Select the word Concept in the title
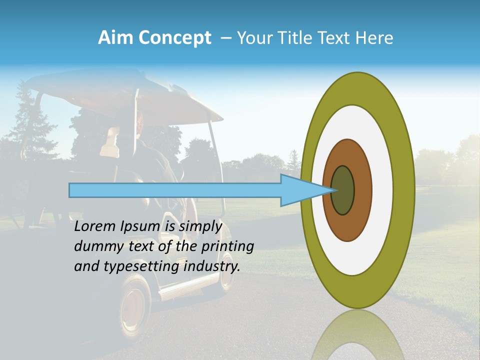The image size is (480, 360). [x=175, y=38]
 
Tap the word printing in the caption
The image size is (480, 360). [x=227, y=247]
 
